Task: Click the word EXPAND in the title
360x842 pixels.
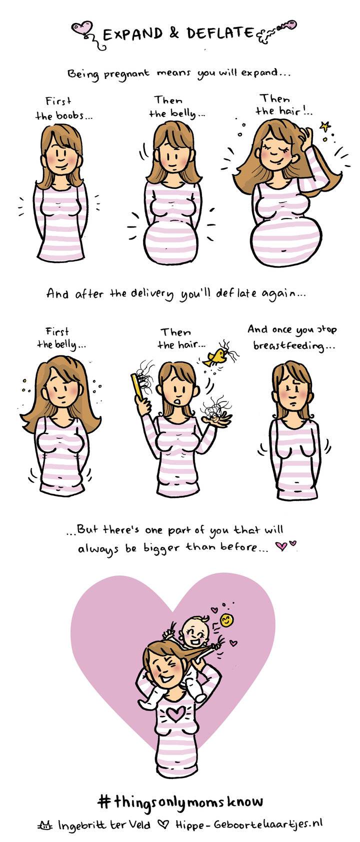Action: tap(133, 34)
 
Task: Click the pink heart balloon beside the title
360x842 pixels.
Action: tap(82, 28)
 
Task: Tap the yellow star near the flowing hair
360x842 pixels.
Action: tap(324, 126)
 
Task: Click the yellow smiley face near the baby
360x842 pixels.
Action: tap(225, 620)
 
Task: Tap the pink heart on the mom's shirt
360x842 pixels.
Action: tap(174, 713)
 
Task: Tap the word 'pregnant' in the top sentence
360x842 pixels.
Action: tap(126, 73)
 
